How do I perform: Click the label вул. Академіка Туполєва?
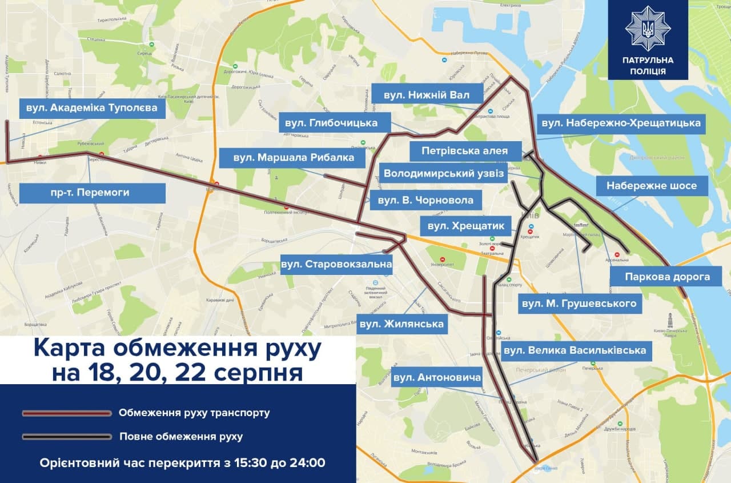coord(92,107)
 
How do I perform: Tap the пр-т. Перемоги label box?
coord(92,193)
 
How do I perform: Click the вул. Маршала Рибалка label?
coord(294,157)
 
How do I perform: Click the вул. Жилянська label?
coord(401,324)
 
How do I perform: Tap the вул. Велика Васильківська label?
coord(575,349)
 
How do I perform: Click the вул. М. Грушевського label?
coord(579,303)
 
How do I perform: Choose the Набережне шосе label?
coord(651,185)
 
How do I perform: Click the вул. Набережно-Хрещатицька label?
coord(621,123)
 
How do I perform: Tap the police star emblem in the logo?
coord(648,28)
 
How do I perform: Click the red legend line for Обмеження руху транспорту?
coord(67,413)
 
